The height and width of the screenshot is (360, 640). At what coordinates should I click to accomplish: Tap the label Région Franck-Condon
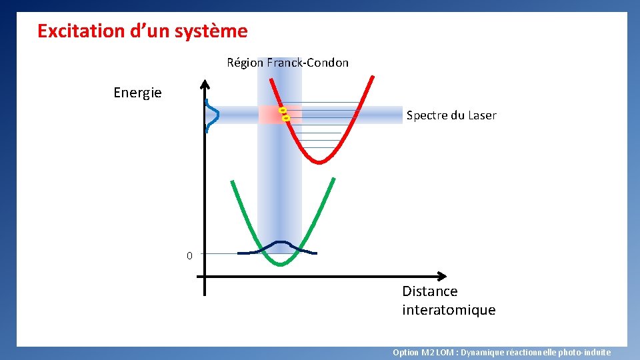[x=287, y=63]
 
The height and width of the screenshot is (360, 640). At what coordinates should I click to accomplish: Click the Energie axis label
[x=137, y=93]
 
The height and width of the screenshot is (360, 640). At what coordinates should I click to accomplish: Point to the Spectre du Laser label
[x=451, y=115]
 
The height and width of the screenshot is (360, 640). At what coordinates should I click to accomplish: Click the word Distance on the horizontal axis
[x=429, y=291]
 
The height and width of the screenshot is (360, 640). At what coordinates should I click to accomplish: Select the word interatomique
[x=449, y=310]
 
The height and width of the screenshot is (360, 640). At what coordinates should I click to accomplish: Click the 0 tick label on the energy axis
[x=189, y=255]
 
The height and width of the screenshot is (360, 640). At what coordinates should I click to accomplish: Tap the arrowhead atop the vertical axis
[x=205, y=85]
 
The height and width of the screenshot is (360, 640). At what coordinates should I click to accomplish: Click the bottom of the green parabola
[x=281, y=265]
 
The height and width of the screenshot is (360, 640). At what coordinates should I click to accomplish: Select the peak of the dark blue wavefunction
[x=281, y=242]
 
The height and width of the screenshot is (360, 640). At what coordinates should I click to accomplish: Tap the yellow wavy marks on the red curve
[x=284, y=113]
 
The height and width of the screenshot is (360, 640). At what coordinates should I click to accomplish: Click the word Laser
[x=482, y=115]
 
